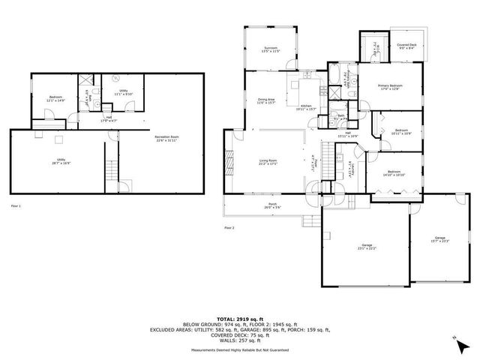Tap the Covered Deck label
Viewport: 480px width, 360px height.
tap(406, 46)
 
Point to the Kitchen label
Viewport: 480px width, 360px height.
tap(307, 108)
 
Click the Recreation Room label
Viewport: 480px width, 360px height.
tap(166, 139)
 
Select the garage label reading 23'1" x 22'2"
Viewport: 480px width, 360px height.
tap(367, 247)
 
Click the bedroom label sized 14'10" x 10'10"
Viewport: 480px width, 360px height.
tap(393, 174)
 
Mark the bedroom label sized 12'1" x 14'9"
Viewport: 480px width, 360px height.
tap(55, 98)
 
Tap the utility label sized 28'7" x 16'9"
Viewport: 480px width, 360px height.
tap(61, 161)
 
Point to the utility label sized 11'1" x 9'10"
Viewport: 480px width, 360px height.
tap(123, 91)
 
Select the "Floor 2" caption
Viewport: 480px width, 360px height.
tap(229, 226)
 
